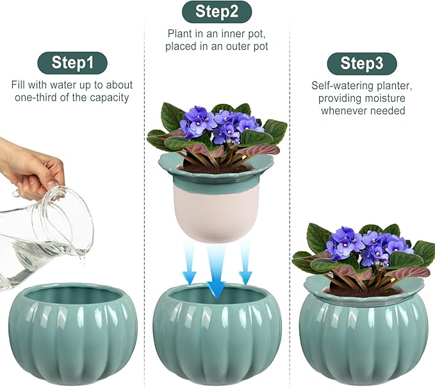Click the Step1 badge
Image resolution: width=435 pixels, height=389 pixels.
tap(72, 63)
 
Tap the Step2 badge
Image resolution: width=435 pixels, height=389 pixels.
tap(217, 12)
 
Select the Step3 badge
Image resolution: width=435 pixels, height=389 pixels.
tap(362, 63)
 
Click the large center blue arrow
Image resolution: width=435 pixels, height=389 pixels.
tap(217, 269)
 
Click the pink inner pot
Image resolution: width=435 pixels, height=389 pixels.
tap(217, 211)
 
